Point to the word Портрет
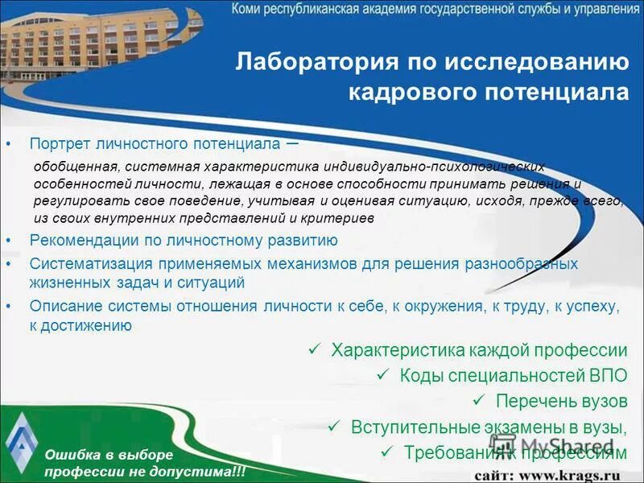pos(60,143)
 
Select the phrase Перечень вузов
pos(561,400)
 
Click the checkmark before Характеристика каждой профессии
pos(316,349)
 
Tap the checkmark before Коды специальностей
pos(384,374)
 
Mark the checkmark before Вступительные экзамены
pos(336,426)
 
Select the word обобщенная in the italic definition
pos(76,167)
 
